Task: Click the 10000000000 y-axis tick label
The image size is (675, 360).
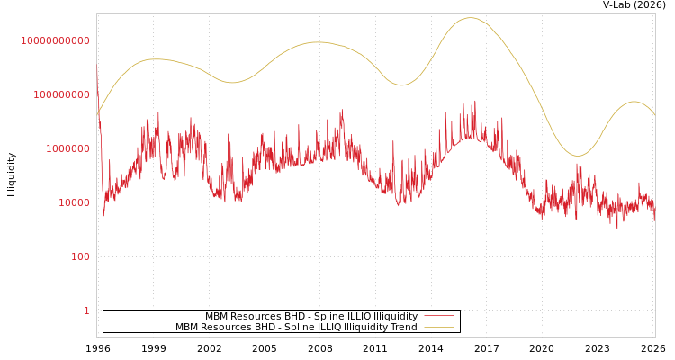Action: [x=56, y=40]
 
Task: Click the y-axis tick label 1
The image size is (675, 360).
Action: [x=86, y=310]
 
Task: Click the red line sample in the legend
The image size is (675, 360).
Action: [x=438, y=316]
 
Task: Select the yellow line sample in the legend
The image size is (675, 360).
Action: [x=438, y=328]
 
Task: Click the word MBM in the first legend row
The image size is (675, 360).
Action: [x=219, y=317]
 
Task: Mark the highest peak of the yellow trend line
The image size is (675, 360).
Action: [x=471, y=18]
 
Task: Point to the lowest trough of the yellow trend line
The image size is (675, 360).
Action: [x=578, y=156]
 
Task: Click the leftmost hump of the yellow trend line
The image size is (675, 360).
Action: [x=157, y=59]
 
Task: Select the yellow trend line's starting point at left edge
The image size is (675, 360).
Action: [x=97, y=115]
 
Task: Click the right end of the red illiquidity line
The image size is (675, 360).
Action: [x=654, y=216]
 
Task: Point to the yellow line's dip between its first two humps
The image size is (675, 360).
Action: [x=231, y=83]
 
